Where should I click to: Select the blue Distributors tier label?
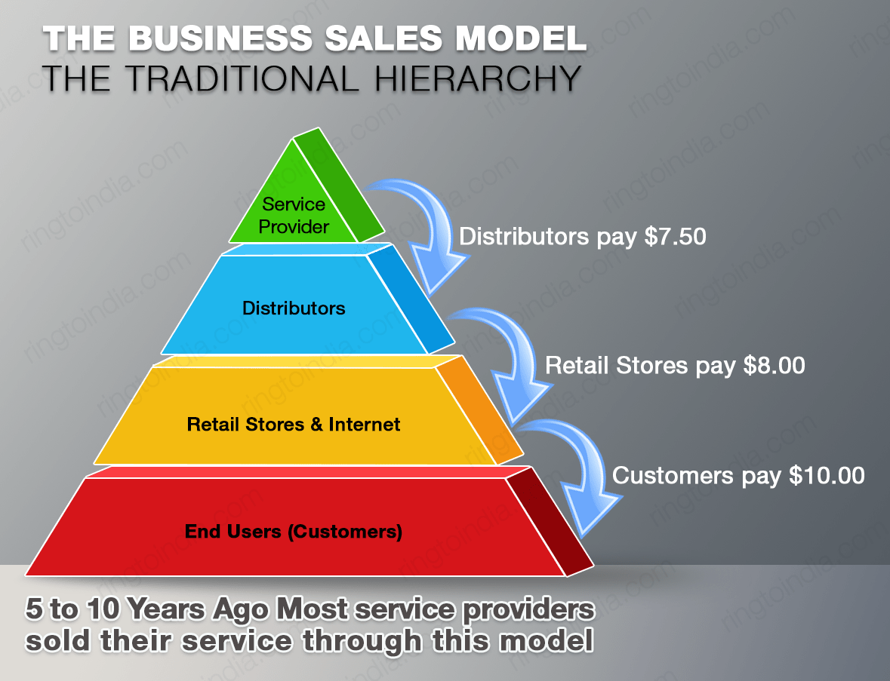click(294, 308)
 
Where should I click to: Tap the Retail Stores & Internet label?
click(294, 424)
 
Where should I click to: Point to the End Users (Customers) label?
click(294, 532)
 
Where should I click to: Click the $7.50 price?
click(676, 237)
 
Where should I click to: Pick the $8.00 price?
click(774, 366)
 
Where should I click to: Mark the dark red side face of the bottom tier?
click(547, 520)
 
